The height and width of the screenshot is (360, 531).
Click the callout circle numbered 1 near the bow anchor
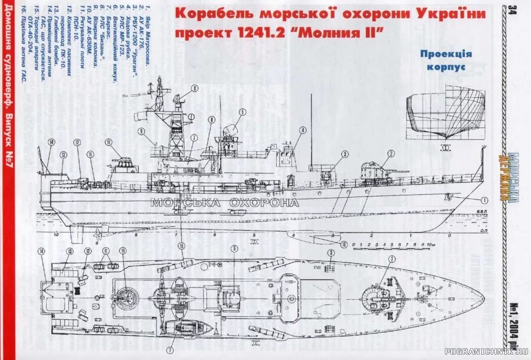[484, 199]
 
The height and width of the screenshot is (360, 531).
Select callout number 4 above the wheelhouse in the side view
[303, 130]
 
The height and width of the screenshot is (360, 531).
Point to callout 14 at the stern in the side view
[51, 142]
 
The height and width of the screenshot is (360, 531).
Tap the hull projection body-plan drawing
[445, 112]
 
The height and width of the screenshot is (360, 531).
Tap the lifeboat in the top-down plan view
[182, 328]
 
